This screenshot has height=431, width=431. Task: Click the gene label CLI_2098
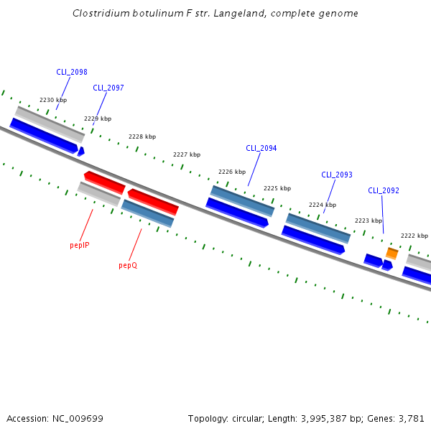click(x=72, y=72)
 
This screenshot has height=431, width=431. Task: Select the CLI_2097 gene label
click(x=108, y=88)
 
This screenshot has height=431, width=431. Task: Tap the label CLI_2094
click(x=261, y=148)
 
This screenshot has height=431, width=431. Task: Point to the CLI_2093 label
click(x=337, y=175)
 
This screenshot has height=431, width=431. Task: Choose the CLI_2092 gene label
click(x=384, y=190)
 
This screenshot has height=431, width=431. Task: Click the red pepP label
click(x=79, y=245)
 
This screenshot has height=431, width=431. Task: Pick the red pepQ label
click(x=128, y=265)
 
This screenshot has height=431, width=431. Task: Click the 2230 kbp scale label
click(x=53, y=100)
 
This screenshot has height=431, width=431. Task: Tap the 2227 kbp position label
click(x=187, y=154)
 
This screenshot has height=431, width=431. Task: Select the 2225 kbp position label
click(x=277, y=188)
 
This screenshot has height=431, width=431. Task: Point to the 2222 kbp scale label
click(x=414, y=236)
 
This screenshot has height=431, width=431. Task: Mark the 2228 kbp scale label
click(x=142, y=136)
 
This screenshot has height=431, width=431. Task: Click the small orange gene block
click(x=391, y=253)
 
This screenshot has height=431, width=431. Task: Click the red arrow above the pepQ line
click(x=153, y=202)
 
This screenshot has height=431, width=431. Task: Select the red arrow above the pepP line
click(x=104, y=182)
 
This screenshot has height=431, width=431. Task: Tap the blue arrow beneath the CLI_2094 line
click(x=237, y=213)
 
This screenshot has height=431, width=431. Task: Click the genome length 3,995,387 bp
click(x=328, y=418)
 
